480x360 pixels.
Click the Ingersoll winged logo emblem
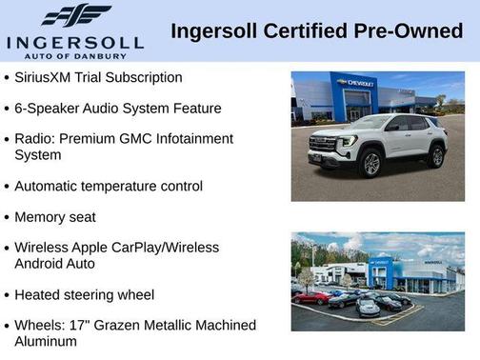click(x=75, y=16)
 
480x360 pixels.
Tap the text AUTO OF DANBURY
click(x=75, y=55)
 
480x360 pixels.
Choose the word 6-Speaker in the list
click(x=46, y=109)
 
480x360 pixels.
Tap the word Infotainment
click(x=190, y=139)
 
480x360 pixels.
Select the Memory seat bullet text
click(x=55, y=217)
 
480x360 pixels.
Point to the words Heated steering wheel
click(x=84, y=295)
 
